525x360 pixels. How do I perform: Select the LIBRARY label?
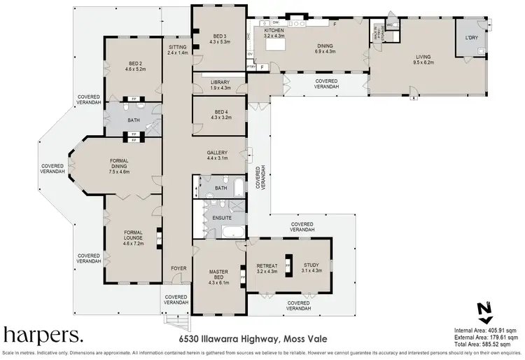point(220,85)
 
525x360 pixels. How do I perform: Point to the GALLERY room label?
point(220,155)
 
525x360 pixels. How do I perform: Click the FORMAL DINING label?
point(119,165)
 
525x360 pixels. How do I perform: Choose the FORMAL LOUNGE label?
point(132,235)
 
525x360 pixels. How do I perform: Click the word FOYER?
point(180,268)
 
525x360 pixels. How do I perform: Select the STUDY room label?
point(310,267)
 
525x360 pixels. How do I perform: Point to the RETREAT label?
point(267,267)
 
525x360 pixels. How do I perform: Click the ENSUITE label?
point(221,218)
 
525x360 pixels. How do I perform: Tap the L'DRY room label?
point(471,39)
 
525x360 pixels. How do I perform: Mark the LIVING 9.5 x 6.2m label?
point(423,59)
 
